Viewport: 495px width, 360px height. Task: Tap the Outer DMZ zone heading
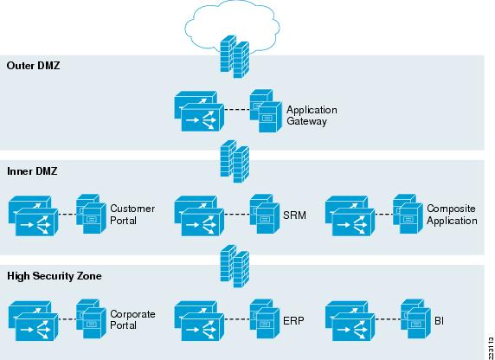[x=33, y=66]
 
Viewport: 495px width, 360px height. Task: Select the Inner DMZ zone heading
[x=32, y=171]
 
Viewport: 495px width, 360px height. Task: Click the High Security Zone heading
[x=55, y=276]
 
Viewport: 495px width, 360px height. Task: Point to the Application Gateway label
[x=312, y=116]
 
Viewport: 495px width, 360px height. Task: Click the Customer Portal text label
[x=132, y=215]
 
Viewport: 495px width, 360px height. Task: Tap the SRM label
[x=294, y=215]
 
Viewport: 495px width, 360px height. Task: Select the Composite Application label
[x=452, y=215]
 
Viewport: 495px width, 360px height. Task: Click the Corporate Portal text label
[x=132, y=319]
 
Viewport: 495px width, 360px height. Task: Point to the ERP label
[x=293, y=320]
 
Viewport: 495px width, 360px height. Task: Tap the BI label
[x=439, y=321]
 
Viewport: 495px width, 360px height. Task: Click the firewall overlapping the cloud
[x=235, y=56]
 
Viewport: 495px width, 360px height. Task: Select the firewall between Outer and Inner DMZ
[x=235, y=161]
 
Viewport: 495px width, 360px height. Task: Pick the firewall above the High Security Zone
[x=235, y=267]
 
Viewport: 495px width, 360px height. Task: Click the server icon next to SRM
[x=265, y=214]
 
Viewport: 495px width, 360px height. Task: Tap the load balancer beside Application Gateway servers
[x=199, y=111]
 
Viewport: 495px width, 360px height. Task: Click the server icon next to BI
[x=415, y=319]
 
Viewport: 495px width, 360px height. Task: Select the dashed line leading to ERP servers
[x=237, y=319]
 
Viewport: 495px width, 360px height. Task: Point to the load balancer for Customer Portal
[x=34, y=216]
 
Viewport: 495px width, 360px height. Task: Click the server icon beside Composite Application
[x=408, y=214]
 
